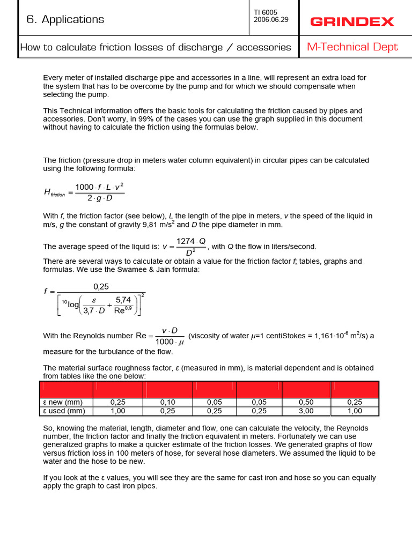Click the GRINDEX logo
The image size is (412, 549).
pyautogui.click(x=352, y=22)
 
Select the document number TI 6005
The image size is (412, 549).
pyautogui.click(x=266, y=12)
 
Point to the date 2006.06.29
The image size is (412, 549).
pyautogui.click(x=271, y=20)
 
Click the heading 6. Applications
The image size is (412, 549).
pyautogui.click(x=65, y=19)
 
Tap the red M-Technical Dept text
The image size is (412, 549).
pyautogui.click(x=352, y=47)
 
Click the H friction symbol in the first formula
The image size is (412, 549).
pyautogui.click(x=54, y=192)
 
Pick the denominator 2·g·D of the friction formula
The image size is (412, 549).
pyautogui.click(x=100, y=198)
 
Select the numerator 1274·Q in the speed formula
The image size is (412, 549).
pyautogui.click(x=190, y=241)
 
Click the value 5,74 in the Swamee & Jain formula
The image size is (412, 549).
pyautogui.click(x=124, y=300)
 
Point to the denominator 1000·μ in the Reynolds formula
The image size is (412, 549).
pyautogui.click(x=169, y=342)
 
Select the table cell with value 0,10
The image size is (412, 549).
pyautogui.click(x=168, y=403)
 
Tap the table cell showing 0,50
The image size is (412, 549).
pyautogui.click(x=306, y=403)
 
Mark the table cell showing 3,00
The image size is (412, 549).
pyautogui.click(x=306, y=411)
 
